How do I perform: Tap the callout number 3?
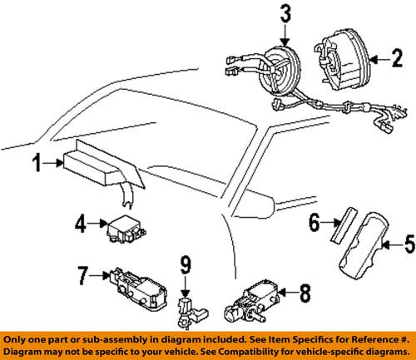tap(285, 14)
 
